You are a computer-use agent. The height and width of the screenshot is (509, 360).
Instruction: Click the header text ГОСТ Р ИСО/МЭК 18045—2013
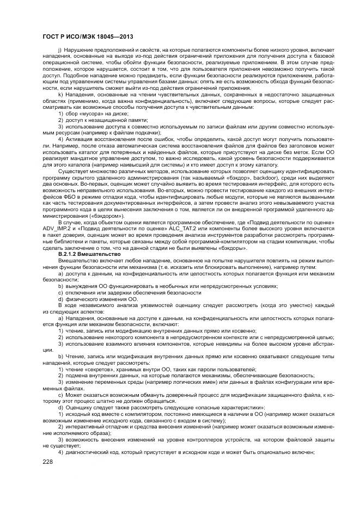(88, 37)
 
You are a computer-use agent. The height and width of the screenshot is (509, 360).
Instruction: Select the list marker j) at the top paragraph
(60, 50)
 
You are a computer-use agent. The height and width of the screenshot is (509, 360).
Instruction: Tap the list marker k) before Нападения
(60, 96)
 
